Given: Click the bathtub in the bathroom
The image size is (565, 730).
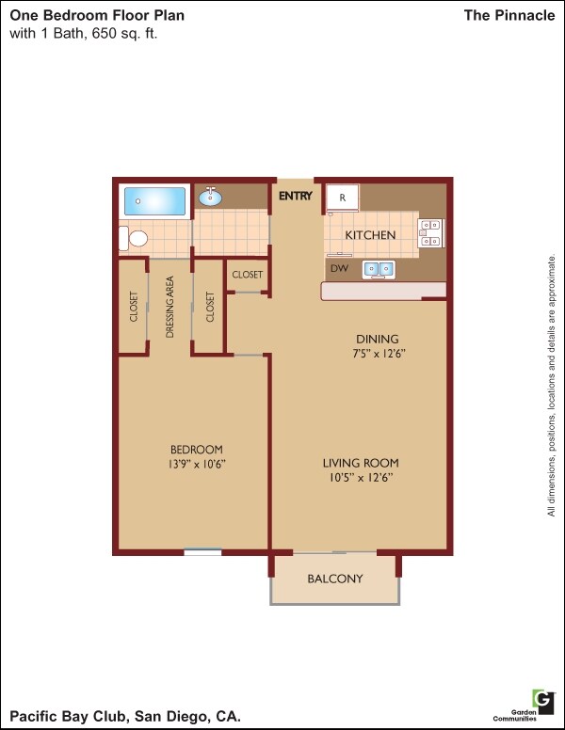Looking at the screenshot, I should click(x=155, y=200).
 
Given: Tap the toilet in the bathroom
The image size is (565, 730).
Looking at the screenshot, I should click(x=136, y=239).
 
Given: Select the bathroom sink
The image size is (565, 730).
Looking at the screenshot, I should click(x=211, y=198).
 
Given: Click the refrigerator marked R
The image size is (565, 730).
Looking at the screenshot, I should click(x=343, y=198).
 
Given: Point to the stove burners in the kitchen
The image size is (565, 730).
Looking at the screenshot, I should click(x=432, y=232).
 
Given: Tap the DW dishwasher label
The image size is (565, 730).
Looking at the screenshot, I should click(x=338, y=269).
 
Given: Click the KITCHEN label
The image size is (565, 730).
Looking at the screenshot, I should click(x=370, y=235).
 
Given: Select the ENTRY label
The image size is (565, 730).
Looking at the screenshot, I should click(x=294, y=196).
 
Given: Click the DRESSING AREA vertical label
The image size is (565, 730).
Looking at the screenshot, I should click(x=170, y=307).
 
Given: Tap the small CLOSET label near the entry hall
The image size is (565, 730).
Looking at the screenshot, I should click(x=247, y=275).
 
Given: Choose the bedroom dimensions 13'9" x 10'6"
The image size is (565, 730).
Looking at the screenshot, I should click(x=197, y=464).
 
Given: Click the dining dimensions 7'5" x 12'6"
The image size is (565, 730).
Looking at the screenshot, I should click(x=377, y=355).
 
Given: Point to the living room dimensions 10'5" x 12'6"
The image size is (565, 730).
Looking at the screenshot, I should click(x=361, y=478).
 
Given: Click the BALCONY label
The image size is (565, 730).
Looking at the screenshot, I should click(x=334, y=579).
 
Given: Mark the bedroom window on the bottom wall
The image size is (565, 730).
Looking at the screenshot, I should click(x=202, y=552).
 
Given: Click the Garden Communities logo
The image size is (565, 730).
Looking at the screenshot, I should click(x=543, y=702).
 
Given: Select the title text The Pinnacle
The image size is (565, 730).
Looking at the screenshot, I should click(x=509, y=16).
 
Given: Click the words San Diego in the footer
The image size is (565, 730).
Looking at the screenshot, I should click(x=177, y=717).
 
